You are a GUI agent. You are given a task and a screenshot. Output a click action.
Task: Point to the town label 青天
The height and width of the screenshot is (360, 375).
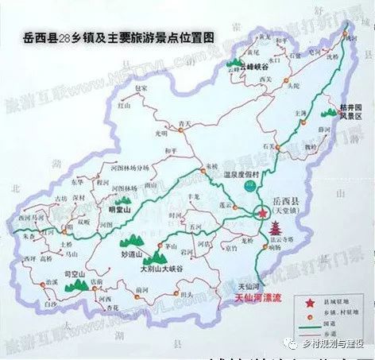(x=185, y=122)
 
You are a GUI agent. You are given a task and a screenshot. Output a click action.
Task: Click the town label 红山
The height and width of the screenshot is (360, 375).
(x=124, y=104)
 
